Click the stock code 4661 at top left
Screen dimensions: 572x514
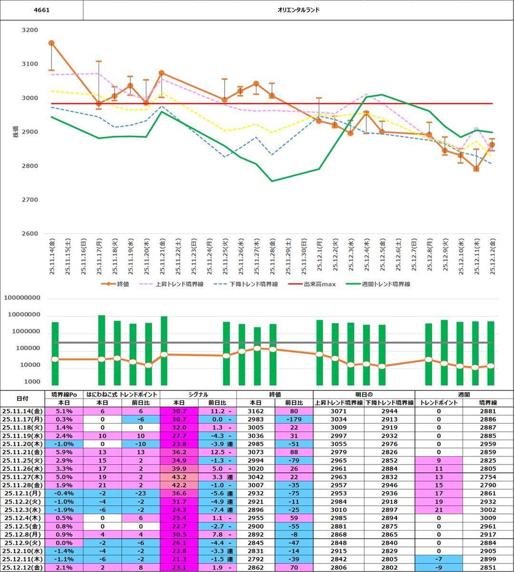42,10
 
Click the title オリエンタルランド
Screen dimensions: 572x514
298,10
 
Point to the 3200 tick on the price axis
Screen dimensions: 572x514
30,30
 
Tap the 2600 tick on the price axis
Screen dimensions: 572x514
30,234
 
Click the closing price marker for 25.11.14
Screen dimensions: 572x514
51,43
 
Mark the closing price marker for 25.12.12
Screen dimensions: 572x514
492,145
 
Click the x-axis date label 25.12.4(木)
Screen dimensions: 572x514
366,257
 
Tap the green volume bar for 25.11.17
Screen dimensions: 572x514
101,350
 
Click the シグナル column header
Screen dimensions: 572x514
198,394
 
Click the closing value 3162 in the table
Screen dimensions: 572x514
256,411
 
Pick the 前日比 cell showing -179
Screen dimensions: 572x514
294,419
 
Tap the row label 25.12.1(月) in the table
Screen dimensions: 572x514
22,493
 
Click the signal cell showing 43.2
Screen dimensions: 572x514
179,477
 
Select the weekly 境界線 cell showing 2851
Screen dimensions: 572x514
488,567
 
